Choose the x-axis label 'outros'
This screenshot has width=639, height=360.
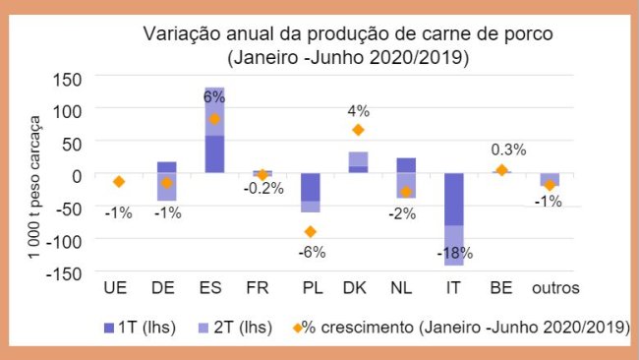tap(555, 289)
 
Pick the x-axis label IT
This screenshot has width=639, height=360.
tap(454, 289)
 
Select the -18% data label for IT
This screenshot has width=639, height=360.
tap(455, 253)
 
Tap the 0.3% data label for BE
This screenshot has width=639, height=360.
tap(508, 150)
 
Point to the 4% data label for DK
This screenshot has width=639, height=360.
tap(359, 111)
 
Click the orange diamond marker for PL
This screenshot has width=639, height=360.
tap(311, 232)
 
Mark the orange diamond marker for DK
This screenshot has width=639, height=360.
tap(359, 130)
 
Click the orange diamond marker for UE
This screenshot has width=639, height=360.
tap(118, 182)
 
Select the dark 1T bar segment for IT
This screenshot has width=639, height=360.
tap(454, 200)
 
